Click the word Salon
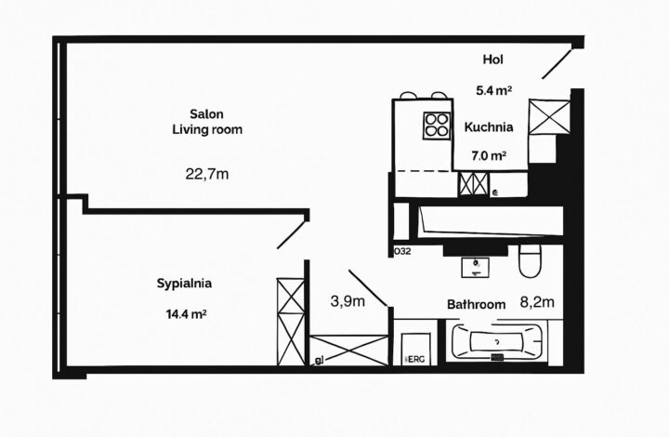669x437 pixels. (206, 113)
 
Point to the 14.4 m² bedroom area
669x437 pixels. (186, 314)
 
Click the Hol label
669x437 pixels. (493, 60)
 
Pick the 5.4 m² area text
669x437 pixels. (494, 90)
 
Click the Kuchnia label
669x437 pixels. (485, 129)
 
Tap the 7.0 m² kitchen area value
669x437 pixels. (486, 157)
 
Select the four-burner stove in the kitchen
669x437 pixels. (435, 125)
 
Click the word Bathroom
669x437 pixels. (476, 304)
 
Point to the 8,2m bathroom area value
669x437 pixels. (537, 301)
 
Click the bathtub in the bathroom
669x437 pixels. (500, 341)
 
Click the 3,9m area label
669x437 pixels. (348, 300)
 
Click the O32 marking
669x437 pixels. (402, 251)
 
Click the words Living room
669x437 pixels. (206, 130)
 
